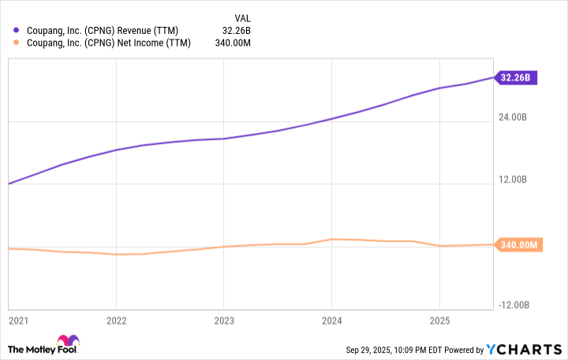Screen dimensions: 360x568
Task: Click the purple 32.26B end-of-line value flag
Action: pyautogui.click(x=518, y=77)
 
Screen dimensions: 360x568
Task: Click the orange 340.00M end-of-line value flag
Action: pyautogui.click(x=519, y=245)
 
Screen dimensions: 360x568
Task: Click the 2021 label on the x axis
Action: pyautogui.click(x=17, y=321)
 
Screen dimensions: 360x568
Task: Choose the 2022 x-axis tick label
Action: pyautogui.click(x=116, y=321)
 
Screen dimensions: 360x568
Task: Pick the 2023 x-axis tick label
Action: pyautogui.click(x=223, y=321)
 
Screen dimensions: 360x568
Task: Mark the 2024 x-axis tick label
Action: pyautogui.click(x=331, y=321)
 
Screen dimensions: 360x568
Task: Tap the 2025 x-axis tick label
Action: pyautogui.click(x=439, y=321)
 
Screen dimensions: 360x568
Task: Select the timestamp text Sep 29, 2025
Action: pyautogui.click(x=371, y=350)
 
